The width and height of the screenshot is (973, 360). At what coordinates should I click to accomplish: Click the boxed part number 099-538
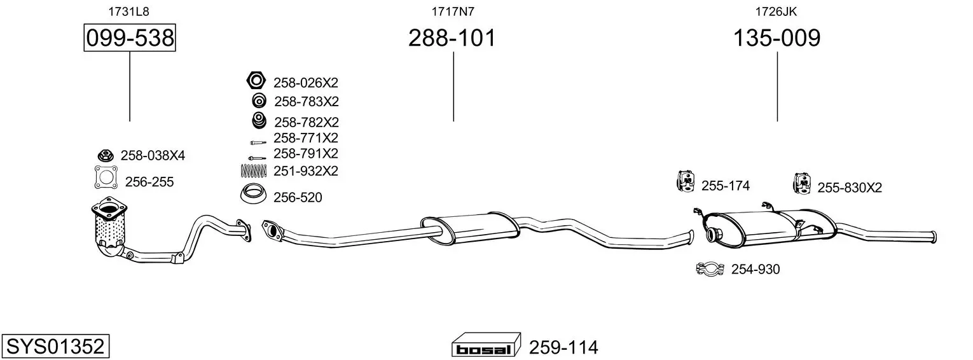click(x=130, y=38)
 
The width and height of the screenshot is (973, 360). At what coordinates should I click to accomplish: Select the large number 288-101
click(x=452, y=38)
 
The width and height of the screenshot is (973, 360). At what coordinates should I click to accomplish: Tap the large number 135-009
click(x=776, y=38)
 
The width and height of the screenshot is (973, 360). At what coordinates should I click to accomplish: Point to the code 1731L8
click(x=128, y=11)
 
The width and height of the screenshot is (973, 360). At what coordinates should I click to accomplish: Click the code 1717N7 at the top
click(x=453, y=11)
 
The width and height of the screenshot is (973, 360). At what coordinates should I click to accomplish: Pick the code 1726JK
click(x=776, y=11)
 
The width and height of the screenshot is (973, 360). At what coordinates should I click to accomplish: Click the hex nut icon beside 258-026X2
click(x=256, y=80)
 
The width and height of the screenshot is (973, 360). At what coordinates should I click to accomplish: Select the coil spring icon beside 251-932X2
click(x=254, y=171)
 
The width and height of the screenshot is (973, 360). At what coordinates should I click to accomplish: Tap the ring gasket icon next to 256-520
click(x=253, y=194)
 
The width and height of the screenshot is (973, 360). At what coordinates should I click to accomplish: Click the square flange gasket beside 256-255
click(x=106, y=177)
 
